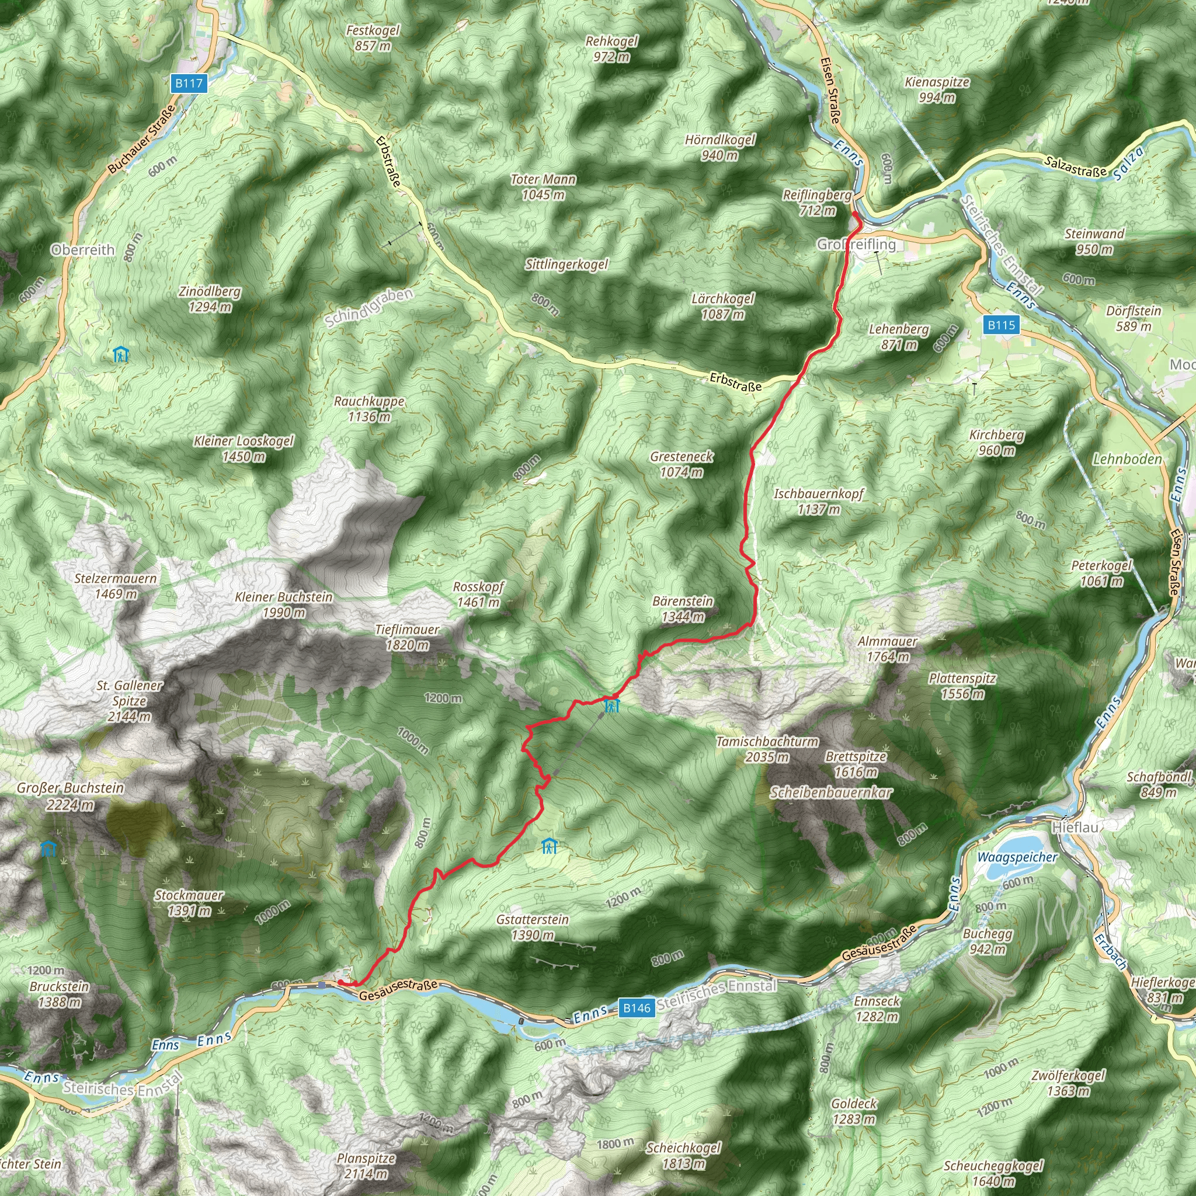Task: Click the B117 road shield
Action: click(x=189, y=84)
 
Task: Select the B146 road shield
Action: click(x=637, y=1008)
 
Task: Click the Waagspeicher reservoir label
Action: click(x=1017, y=857)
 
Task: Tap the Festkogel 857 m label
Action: click(x=373, y=38)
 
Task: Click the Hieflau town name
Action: click(x=1075, y=828)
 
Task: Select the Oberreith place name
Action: click(x=83, y=250)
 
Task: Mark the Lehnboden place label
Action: click(x=1127, y=460)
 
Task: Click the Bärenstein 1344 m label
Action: click(x=682, y=609)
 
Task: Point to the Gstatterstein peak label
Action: click(x=533, y=927)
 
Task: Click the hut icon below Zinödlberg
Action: click(x=121, y=354)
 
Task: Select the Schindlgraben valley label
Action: click(x=369, y=308)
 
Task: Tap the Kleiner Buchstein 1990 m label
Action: click(x=283, y=605)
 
